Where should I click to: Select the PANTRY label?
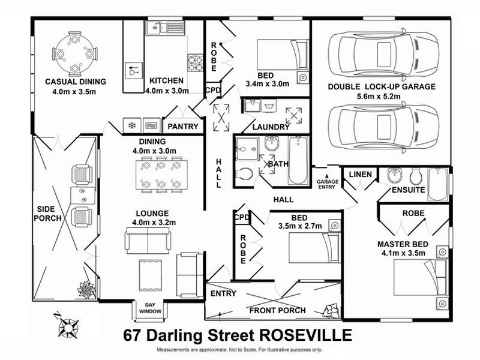(184, 127)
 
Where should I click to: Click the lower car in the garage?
(381, 127)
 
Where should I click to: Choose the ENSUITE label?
(409, 190)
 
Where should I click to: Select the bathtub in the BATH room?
(298, 161)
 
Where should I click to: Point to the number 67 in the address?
(134, 334)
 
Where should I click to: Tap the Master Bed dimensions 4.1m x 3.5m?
(401, 253)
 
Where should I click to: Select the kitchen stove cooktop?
(196, 60)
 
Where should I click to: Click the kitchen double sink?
(163, 26)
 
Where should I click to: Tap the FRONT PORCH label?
(278, 310)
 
